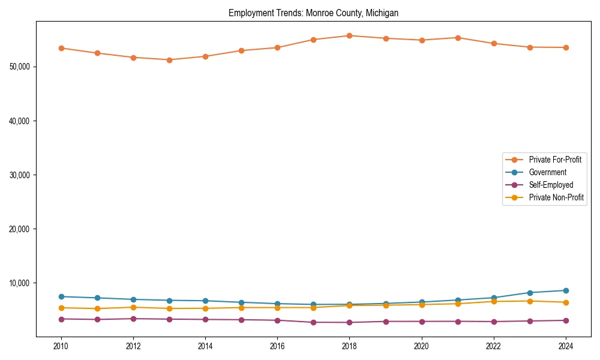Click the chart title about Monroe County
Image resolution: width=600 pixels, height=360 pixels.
tap(313, 13)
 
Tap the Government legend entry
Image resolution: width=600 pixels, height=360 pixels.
tap(547, 172)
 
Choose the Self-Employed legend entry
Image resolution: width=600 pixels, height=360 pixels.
tap(551, 185)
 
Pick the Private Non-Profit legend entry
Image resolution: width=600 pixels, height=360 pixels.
tap(556, 197)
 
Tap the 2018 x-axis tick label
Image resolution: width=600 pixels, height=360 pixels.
tap(349, 346)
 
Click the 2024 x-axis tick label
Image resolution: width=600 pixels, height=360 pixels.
tap(566, 346)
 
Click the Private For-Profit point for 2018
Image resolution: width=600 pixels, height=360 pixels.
tap(349, 35)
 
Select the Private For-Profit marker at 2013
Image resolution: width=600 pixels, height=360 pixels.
tap(169, 60)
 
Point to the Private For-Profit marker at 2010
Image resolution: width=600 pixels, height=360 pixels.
tap(61, 48)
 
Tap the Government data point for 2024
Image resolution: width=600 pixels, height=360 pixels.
tap(566, 290)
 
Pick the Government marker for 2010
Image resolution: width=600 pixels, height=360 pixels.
tap(61, 296)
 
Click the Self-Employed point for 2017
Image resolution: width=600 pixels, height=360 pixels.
tap(313, 322)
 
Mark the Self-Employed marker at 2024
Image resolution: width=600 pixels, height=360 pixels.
tap(566, 320)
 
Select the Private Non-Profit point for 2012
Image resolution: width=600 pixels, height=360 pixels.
tap(133, 307)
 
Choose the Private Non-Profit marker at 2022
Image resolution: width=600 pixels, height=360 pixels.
tap(494, 301)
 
